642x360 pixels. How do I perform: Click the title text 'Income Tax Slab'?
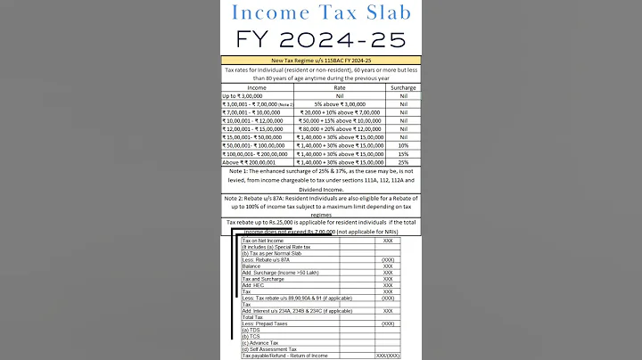(x=320, y=13)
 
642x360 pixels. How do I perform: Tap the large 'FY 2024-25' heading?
(x=320, y=39)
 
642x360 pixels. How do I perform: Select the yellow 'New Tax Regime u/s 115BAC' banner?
(x=320, y=61)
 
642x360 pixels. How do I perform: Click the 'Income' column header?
(x=256, y=88)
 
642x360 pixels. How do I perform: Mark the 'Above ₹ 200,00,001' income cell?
(x=252, y=161)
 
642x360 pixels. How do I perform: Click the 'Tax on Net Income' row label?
(x=264, y=241)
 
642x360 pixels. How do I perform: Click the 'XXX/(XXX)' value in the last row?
(x=388, y=356)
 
